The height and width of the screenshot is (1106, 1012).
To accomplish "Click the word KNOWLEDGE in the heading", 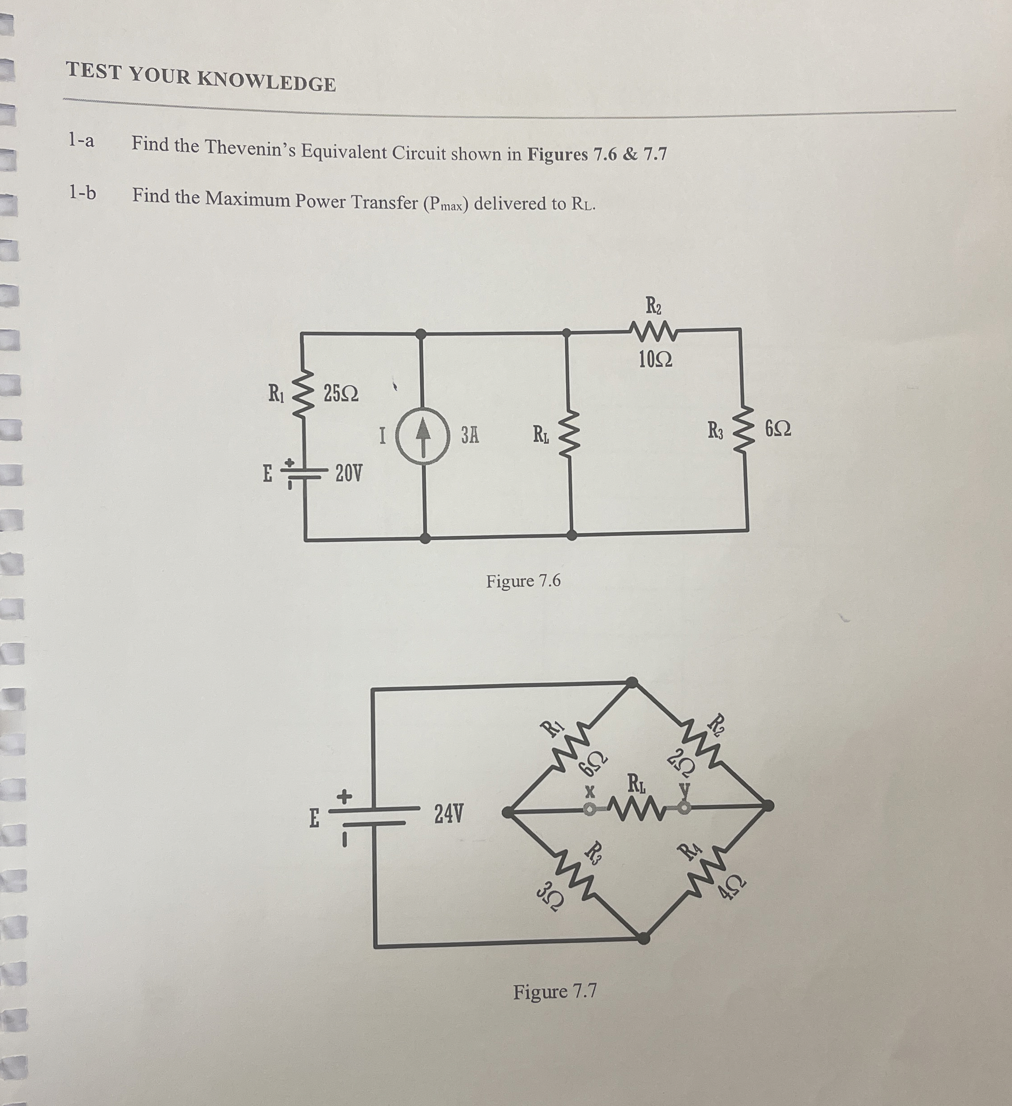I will tap(267, 81).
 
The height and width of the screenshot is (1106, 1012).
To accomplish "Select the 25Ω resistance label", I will tap(341, 394).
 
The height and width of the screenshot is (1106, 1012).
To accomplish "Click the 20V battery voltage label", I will tap(348, 473).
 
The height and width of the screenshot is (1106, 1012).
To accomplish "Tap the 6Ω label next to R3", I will tap(778, 429).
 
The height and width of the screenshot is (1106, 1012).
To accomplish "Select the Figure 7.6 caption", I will tap(523, 581).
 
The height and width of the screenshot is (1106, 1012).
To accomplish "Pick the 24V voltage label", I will tap(448, 814).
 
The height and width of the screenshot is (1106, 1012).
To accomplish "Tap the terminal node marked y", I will tap(684, 807).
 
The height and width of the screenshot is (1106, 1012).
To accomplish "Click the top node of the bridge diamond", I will tap(632, 682).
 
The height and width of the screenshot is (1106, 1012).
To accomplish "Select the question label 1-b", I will tap(82, 193).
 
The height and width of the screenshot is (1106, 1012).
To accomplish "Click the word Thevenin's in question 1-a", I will tap(250, 148).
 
